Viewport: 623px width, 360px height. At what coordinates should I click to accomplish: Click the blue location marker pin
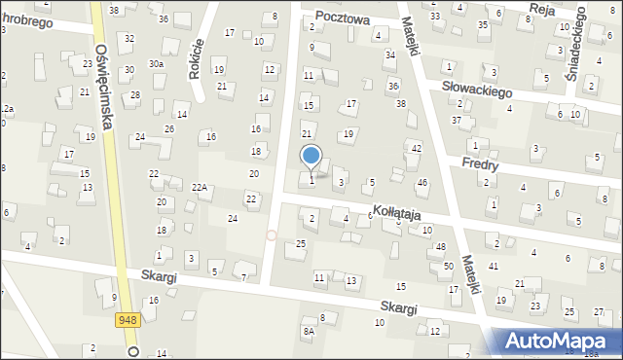click(x=311, y=156)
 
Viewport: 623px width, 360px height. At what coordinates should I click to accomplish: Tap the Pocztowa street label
click(x=348, y=18)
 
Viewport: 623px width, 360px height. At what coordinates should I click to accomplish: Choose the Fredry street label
click(x=481, y=164)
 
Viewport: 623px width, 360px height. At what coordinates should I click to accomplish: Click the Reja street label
click(x=541, y=8)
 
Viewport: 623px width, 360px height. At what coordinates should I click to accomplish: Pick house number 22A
click(x=200, y=187)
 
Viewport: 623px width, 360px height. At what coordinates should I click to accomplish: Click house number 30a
click(x=156, y=63)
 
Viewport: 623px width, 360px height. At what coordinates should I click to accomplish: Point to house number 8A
click(x=309, y=332)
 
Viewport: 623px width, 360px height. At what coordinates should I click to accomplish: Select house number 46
click(x=422, y=183)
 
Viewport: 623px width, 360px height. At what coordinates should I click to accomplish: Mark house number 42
click(x=417, y=148)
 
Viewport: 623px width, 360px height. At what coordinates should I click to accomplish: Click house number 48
click(x=441, y=247)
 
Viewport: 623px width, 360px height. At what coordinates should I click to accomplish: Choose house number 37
click(x=457, y=121)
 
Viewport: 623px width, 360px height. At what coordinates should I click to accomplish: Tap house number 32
click(x=129, y=38)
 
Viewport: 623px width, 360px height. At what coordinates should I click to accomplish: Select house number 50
click(x=449, y=266)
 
